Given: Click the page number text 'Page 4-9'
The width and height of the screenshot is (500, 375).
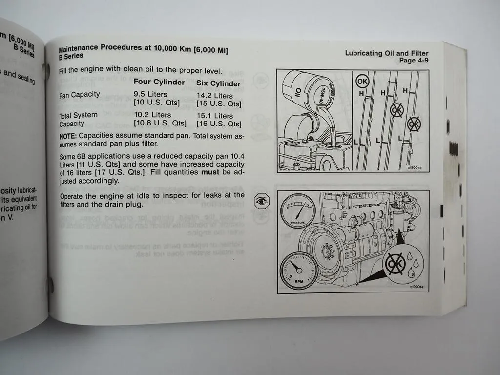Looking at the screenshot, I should tap(414, 61).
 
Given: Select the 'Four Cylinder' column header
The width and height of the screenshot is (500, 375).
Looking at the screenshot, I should tap(159, 83).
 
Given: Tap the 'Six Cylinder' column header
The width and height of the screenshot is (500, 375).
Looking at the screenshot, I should tap(218, 84).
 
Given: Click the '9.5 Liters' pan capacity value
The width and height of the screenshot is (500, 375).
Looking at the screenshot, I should tap(150, 94).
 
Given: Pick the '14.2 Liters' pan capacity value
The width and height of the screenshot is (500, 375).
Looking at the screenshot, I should tap(214, 96).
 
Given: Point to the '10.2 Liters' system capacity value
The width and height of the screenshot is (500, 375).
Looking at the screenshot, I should tap(152, 115).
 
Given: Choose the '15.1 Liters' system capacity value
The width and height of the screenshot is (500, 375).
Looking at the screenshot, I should tap(215, 116).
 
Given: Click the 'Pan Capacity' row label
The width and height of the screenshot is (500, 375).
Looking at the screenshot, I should tap(79, 95).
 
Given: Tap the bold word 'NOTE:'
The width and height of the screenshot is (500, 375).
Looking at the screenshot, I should tap(68, 136).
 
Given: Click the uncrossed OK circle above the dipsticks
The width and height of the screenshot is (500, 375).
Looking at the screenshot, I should tap(363, 81).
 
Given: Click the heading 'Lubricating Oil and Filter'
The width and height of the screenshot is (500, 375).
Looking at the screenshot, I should tap(387, 53).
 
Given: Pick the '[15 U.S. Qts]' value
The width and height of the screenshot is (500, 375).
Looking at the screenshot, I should tap(219, 104).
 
